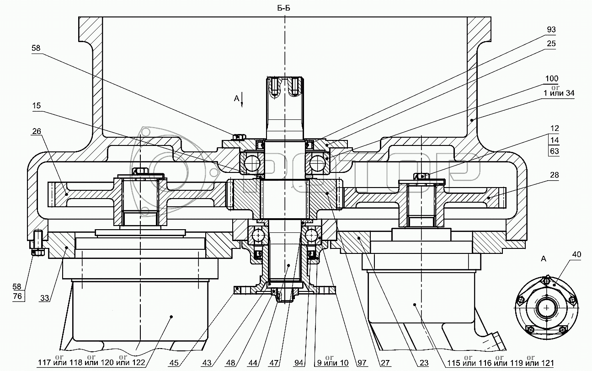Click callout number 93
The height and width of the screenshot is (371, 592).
(551, 30)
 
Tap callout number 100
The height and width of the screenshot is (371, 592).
(552, 79)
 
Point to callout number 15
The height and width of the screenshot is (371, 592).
(37, 106)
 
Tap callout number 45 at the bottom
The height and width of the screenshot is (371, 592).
(174, 363)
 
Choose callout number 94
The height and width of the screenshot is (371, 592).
(299, 363)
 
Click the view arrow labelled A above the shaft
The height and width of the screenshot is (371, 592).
(242, 98)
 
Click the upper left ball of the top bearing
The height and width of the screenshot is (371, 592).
(250, 161)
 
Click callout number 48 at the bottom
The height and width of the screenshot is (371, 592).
(231, 363)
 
